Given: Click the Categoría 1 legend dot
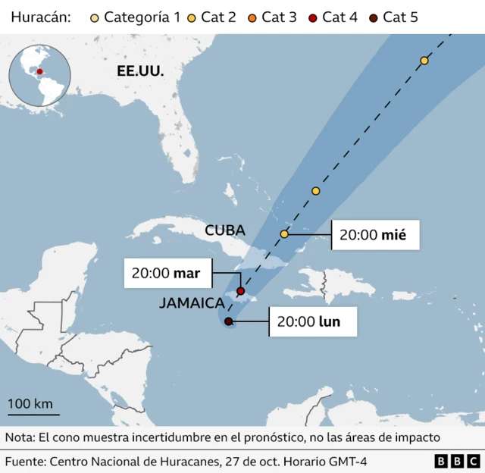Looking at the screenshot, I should [x=93, y=17].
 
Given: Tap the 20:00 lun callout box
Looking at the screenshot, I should [x=308, y=322].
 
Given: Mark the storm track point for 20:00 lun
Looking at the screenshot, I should [x=229, y=321].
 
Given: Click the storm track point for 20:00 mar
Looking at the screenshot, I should [x=241, y=291].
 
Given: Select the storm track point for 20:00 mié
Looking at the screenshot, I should [x=284, y=234].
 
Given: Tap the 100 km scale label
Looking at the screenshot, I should [x=30, y=403].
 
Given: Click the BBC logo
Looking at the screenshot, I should [x=457, y=461].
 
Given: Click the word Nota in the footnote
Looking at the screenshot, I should [x=20, y=437].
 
